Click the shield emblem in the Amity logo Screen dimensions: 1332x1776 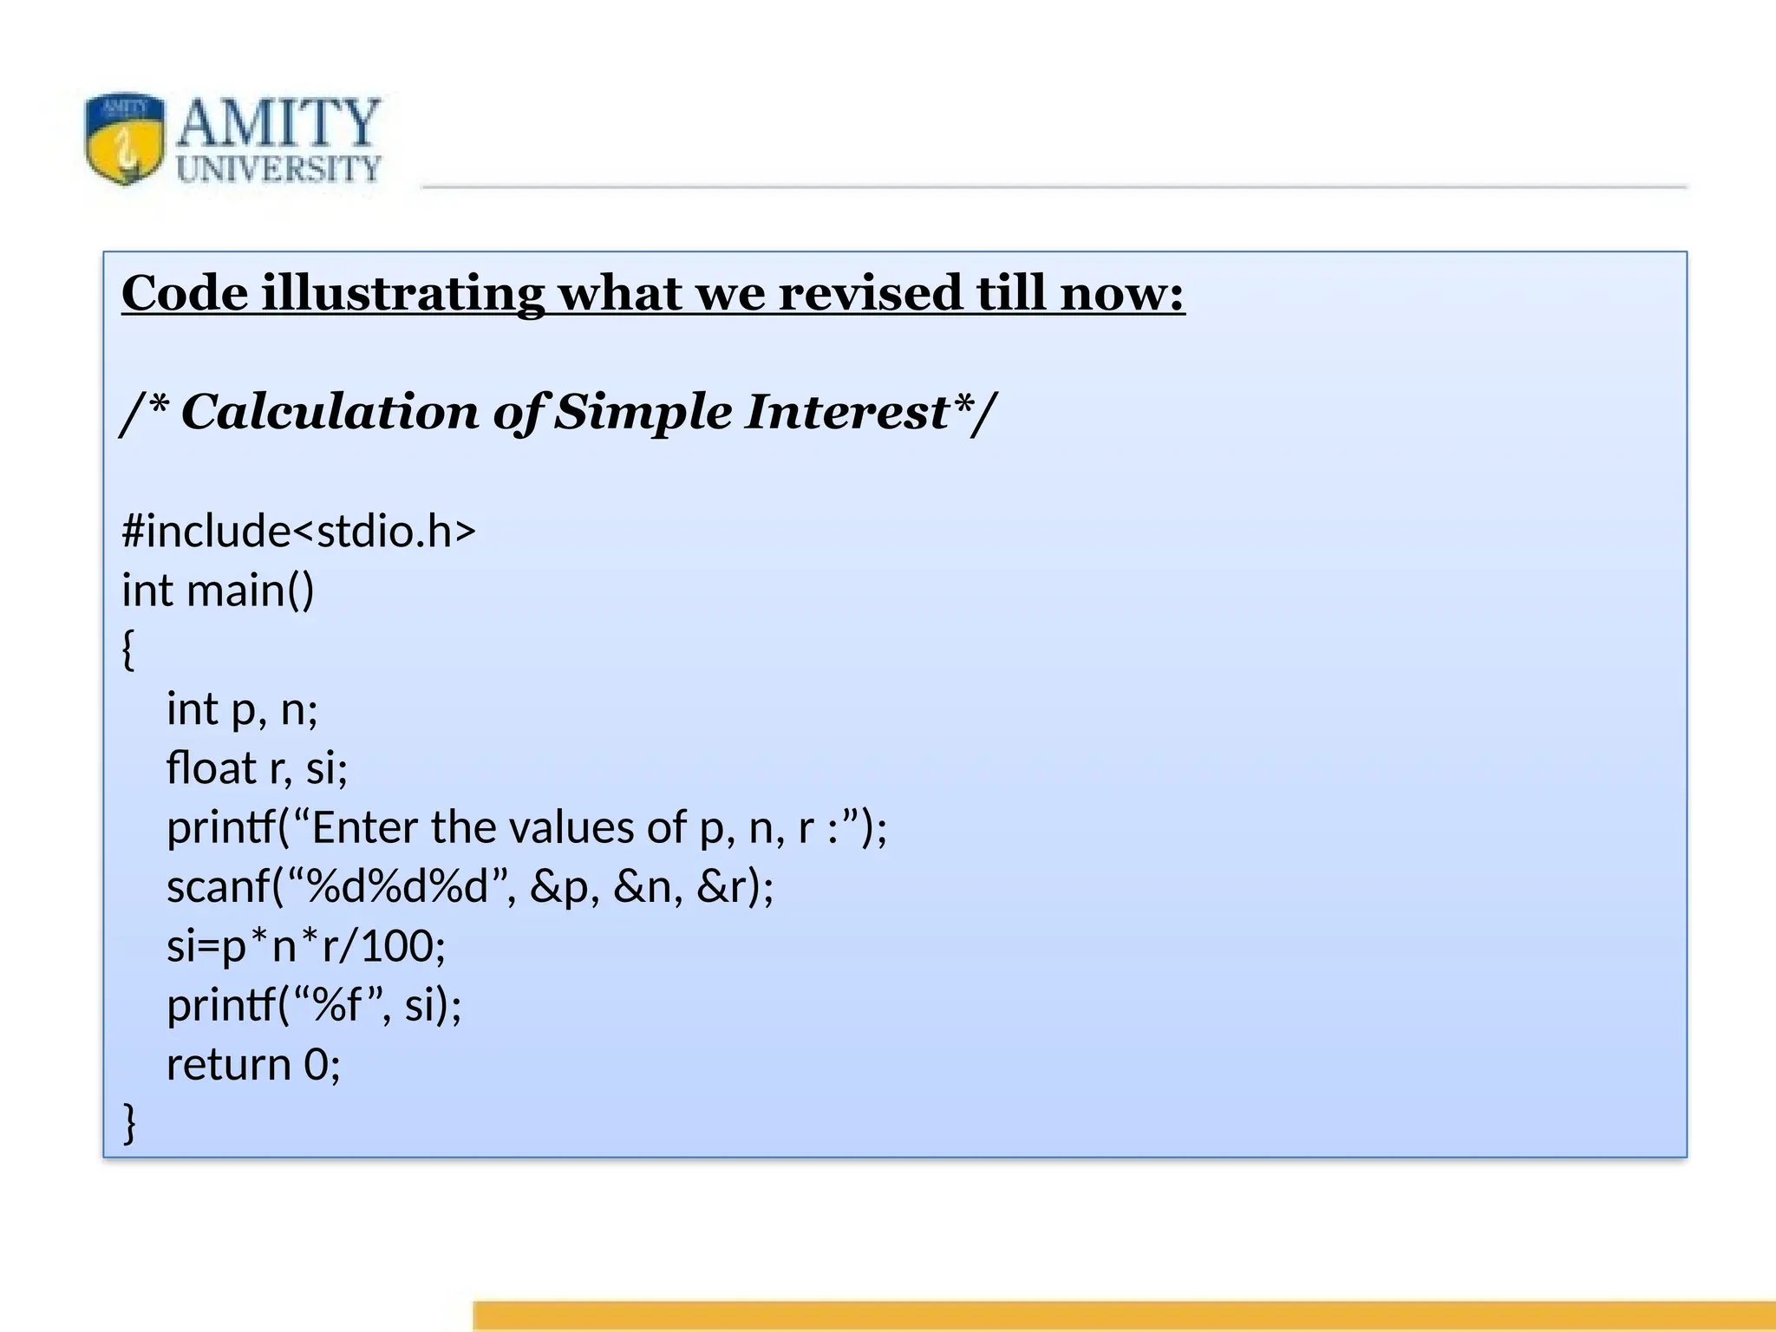click(125, 139)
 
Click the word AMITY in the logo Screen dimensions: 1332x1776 click(277, 123)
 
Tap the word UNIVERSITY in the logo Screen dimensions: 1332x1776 click(277, 169)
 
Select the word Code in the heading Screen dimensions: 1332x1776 click(185, 293)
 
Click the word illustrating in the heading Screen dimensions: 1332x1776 click(403, 293)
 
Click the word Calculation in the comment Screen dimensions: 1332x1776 click(330, 412)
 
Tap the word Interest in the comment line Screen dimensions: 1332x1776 click(846, 412)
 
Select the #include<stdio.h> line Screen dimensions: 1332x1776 click(298, 531)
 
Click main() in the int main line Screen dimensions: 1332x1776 click(250, 591)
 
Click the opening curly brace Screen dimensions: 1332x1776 click(128, 650)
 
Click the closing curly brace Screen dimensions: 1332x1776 click(129, 1123)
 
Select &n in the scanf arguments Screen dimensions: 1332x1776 click(642, 887)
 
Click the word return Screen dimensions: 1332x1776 click(228, 1065)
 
